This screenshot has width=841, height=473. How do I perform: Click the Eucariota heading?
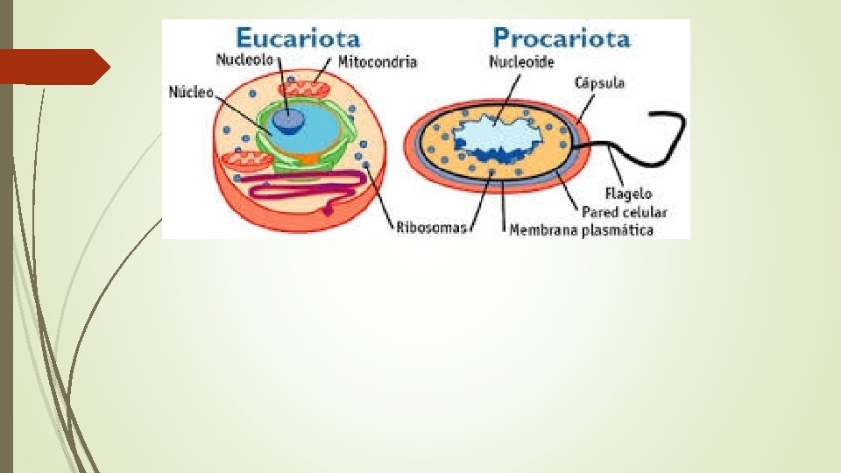click(x=298, y=39)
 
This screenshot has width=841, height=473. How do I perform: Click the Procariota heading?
click(x=562, y=39)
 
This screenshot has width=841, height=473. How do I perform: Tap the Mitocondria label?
click(x=378, y=62)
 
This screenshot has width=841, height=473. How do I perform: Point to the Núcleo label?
click(x=191, y=91)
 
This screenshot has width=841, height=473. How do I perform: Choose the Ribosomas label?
click(x=429, y=229)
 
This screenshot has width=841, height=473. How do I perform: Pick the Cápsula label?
click(x=599, y=83)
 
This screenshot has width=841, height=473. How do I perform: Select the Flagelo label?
click(x=628, y=194)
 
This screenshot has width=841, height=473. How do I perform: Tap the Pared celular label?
click(x=625, y=212)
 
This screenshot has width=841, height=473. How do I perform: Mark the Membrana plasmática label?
click(x=582, y=229)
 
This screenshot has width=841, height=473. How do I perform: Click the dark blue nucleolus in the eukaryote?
click(x=285, y=120)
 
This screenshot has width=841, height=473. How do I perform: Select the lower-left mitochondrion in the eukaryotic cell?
click(x=243, y=162)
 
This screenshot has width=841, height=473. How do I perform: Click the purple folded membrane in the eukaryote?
click(x=298, y=187)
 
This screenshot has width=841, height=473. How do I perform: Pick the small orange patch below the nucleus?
click(x=306, y=159)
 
